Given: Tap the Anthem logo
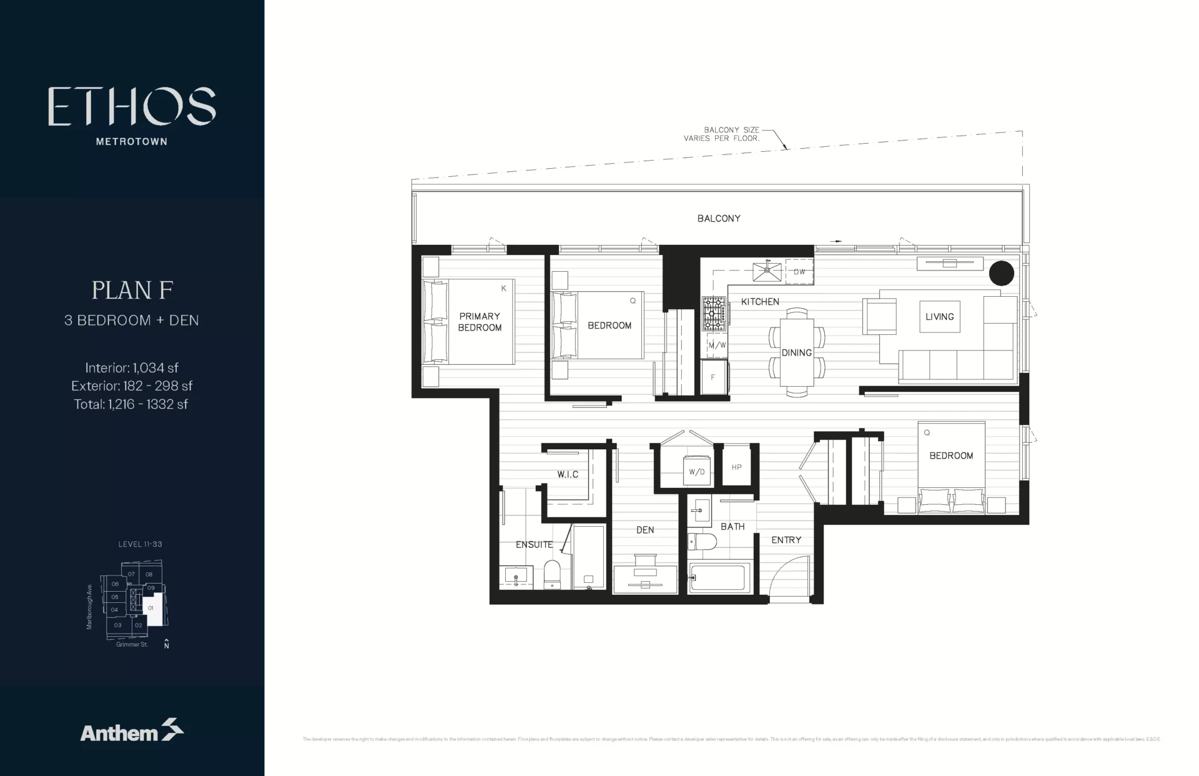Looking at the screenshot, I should (132, 731).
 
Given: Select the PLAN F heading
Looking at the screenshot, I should (132, 290).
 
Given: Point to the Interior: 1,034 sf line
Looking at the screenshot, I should (132, 367).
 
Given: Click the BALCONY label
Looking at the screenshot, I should (719, 219).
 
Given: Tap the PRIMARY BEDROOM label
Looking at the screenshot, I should (480, 322).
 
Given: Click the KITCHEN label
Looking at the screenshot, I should (760, 302).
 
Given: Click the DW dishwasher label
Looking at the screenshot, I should (799, 272).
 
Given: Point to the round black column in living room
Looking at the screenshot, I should (1001, 273).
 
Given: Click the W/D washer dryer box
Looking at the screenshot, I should (696, 472).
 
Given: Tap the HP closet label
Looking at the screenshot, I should (736, 467).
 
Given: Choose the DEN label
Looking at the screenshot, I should (645, 530).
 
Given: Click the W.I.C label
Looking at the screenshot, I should (568, 475).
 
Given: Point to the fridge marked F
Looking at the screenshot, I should (713, 378).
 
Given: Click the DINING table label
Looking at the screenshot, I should (797, 353).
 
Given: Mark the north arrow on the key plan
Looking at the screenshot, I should (166, 644).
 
